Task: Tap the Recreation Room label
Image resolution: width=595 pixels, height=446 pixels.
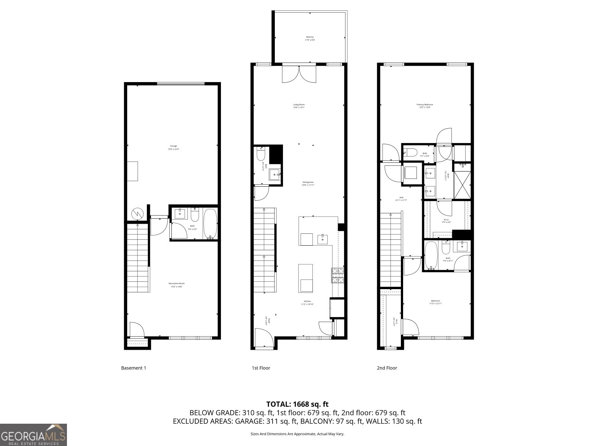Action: (177, 285)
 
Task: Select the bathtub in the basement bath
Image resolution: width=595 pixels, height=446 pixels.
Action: (210, 224)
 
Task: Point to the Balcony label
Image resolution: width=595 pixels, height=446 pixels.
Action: (310, 38)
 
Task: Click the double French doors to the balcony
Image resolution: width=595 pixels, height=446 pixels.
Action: (299, 73)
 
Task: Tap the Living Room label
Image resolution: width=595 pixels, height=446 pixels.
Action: (299, 106)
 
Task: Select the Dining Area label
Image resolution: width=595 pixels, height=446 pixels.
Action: (308, 183)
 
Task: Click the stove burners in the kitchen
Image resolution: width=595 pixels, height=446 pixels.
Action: (338, 275)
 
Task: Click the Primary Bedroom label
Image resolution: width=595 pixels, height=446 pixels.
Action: (424, 106)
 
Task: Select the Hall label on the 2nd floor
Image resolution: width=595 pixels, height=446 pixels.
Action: (401, 199)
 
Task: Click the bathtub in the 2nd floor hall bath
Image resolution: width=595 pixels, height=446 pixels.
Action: (431, 255)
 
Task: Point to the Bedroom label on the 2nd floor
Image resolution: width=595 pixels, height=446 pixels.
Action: (435, 302)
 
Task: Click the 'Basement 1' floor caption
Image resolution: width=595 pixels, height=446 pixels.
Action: (134, 368)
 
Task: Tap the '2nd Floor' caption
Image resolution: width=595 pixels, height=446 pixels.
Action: (387, 368)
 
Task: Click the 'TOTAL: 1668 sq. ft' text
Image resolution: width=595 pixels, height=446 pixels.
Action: (297, 404)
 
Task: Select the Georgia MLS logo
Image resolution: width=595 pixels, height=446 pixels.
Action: (33, 434)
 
